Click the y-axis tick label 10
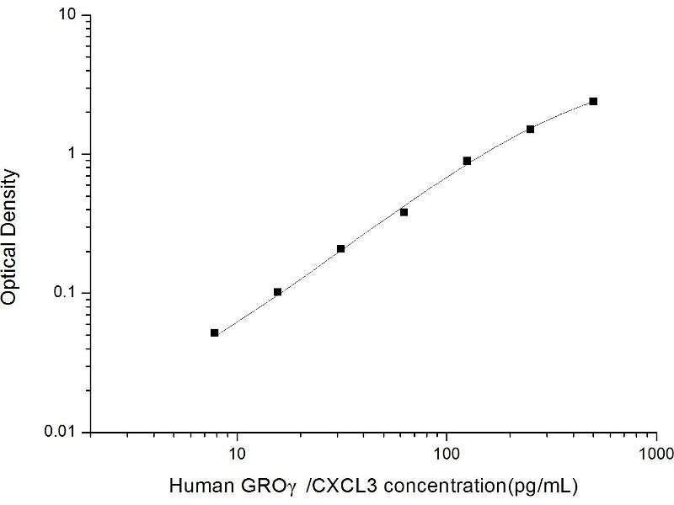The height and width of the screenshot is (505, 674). [68, 16]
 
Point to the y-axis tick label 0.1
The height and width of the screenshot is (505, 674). [66, 293]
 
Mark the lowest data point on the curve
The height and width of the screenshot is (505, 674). [215, 333]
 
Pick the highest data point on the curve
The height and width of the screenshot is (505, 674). [593, 101]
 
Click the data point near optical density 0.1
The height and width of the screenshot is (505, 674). [278, 292]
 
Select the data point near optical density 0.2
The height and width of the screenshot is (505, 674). [340, 249]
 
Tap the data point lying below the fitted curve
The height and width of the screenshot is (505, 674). [404, 212]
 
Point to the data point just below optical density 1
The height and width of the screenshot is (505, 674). [467, 161]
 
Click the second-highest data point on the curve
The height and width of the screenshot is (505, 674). [530, 129]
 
